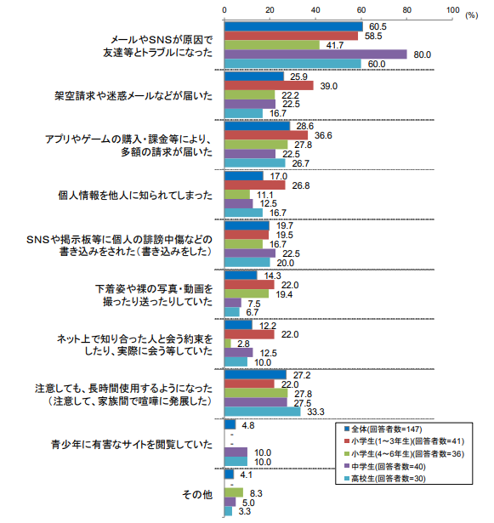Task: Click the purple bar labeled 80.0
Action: [315, 54]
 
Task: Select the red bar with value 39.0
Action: [269, 86]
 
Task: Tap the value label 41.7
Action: [335, 45]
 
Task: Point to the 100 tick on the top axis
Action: [452, 10]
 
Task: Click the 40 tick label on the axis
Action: [315, 10]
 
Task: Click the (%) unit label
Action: [472, 15]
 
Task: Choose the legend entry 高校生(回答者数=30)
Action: [385, 479]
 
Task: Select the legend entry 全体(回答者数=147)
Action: [383, 429]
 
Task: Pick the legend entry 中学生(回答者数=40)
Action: [385, 466]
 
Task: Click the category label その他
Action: [197, 494]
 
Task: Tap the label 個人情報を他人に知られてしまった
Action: [135, 195]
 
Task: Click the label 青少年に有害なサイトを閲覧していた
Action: [132, 445]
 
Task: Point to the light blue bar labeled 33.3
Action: [263, 412]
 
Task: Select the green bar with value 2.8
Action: [228, 344]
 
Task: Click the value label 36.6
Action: [323, 135]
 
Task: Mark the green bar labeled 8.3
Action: [234, 493]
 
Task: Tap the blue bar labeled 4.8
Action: [230, 424]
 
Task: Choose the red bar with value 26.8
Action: [255, 185]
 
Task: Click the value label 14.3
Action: [273, 276]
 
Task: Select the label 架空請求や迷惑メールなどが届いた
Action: [133, 96]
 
